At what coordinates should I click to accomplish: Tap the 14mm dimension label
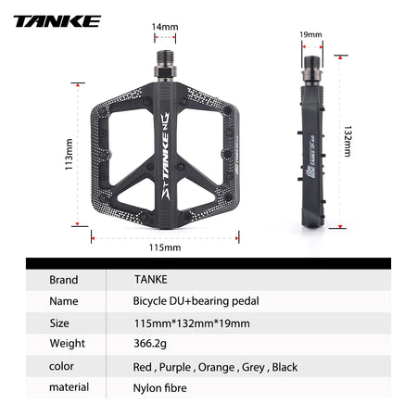(165, 28)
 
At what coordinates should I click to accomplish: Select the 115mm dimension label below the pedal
(165, 247)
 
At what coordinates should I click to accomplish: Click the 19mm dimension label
(311, 35)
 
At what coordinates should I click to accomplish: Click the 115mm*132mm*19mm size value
(185, 323)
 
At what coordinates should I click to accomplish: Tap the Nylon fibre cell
(160, 388)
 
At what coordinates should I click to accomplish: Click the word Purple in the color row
(177, 367)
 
